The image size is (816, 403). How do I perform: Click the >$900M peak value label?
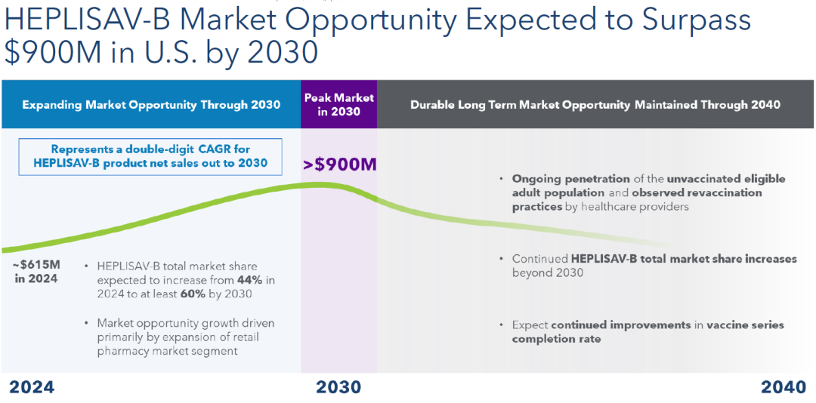pos(339,165)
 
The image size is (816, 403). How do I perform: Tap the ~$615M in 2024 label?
pos(36,271)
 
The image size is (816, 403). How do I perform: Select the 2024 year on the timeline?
pos(32,387)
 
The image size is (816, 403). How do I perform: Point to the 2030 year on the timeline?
pos(338,387)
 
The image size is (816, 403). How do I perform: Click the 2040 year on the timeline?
pos(784,387)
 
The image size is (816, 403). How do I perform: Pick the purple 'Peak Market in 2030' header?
pos(338,105)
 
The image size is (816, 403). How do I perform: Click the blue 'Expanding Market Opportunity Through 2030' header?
pos(151,105)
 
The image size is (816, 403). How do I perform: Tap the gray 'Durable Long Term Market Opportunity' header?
pos(595,105)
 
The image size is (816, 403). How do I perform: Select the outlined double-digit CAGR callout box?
pos(150,156)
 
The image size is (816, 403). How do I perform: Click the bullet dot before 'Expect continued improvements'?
pos(502,325)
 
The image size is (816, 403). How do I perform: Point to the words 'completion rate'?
pos(556,339)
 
